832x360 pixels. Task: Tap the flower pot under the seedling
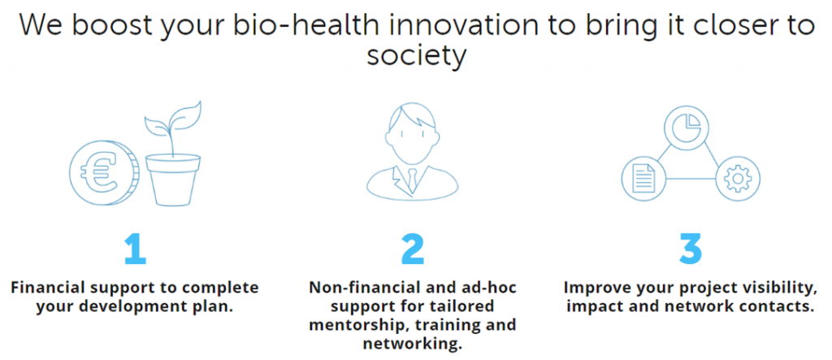pos(172,180)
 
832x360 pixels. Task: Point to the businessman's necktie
pos(413,180)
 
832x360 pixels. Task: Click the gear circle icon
pos(737,179)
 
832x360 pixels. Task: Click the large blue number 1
pos(135,249)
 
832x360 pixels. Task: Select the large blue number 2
pos(413,249)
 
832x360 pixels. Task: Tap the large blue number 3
pos(691,249)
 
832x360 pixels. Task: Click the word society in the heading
pos(416,56)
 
